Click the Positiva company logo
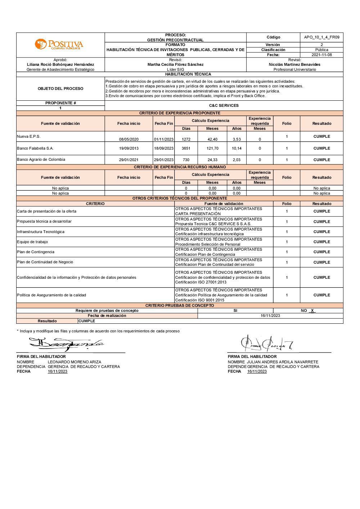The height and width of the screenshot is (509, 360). pos(59,45)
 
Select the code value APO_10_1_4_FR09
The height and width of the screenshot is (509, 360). pos(321,37)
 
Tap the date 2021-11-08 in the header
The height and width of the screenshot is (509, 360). pos(321,55)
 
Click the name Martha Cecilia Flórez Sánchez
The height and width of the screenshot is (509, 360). pos(175,65)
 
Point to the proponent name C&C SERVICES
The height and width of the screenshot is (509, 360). pos(224,106)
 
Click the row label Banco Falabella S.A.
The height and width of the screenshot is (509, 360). pos(35,148)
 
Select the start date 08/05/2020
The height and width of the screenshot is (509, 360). pos(129,139)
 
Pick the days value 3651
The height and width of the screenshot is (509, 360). pos(186,148)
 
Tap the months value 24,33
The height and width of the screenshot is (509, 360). pos(212,160)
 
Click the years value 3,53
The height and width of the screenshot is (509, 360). pos(237,139)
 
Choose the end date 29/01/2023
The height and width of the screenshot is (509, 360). pos(164,160)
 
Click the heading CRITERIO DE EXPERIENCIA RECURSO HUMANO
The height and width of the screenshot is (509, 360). pos(180,167)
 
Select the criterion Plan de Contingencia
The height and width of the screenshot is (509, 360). pos(36,252)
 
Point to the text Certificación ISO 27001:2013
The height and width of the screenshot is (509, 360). pos(201,282)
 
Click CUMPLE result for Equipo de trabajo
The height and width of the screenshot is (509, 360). pos(321,242)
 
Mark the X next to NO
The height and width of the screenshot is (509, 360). pos(312,311)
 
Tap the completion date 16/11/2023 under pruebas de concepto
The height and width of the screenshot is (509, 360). pos(270,316)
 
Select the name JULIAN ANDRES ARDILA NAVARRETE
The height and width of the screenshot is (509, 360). pos(282,362)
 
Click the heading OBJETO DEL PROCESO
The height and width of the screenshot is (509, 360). pos(60,89)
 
